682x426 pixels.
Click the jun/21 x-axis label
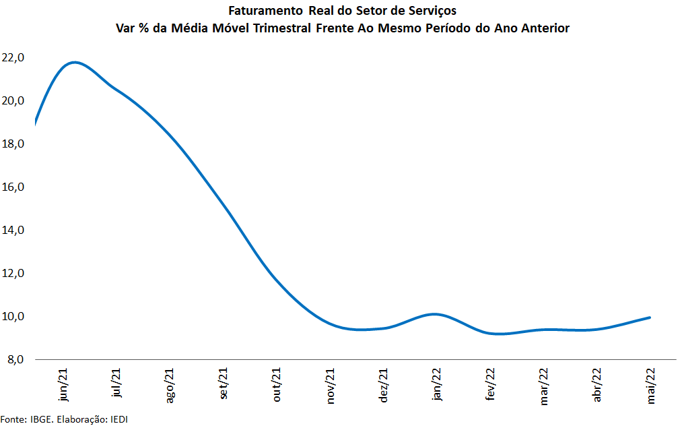point(63,385)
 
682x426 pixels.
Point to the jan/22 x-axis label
point(437,385)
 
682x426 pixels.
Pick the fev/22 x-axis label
point(490,386)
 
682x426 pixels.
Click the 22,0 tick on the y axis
point(13,58)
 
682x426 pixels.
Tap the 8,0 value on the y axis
point(15,360)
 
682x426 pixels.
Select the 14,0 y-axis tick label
point(13,231)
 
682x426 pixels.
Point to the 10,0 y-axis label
point(13,317)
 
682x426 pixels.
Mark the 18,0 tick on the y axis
point(13,144)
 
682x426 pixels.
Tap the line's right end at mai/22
point(649,317)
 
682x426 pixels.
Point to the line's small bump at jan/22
point(436,314)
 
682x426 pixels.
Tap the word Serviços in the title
point(432,11)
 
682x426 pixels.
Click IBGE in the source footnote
point(42,419)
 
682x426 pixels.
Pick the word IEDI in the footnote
point(118,419)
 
